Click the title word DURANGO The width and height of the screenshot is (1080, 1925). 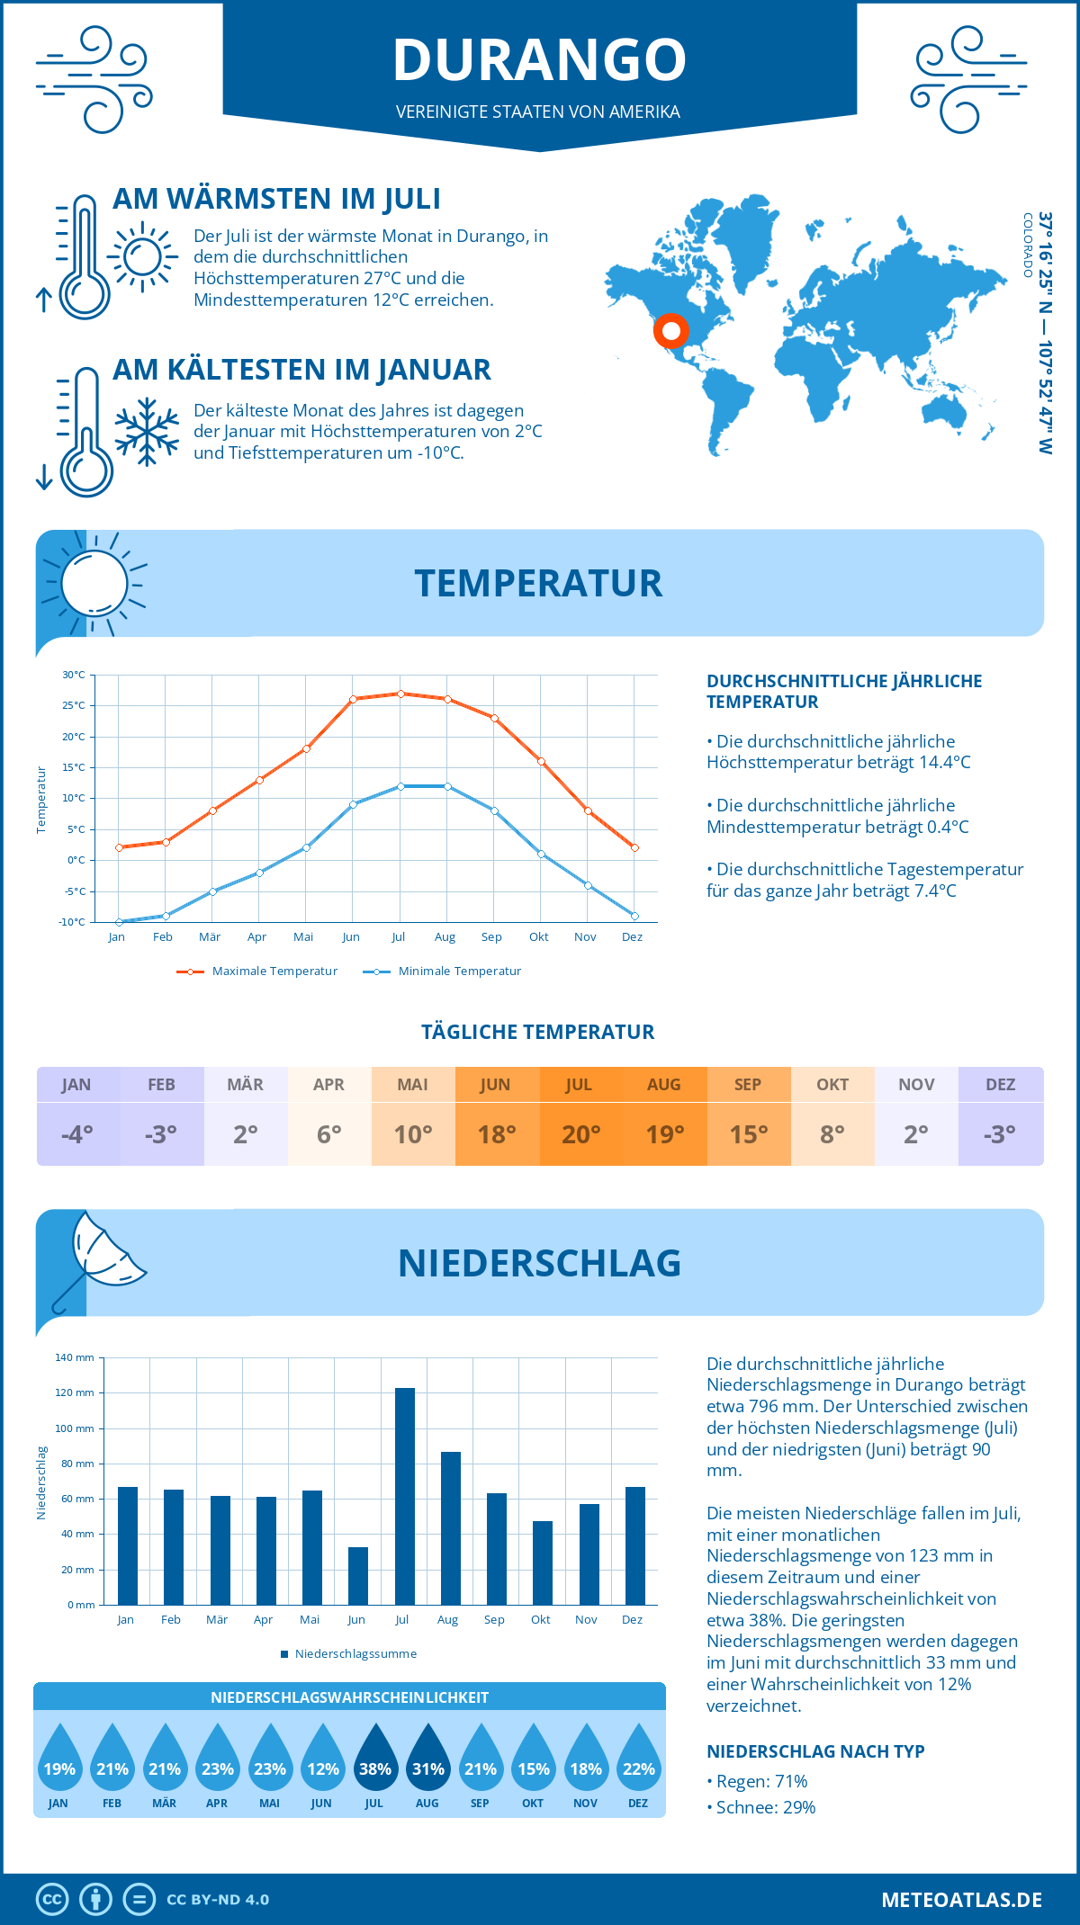coord(539,59)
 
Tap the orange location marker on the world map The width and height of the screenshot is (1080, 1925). coord(670,331)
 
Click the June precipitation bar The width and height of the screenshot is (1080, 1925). coord(358,1575)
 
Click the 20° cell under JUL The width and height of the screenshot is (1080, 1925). coord(580,1134)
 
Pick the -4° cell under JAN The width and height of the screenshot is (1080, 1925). coord(77,1134)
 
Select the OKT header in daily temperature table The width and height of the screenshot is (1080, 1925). coord(832,1084)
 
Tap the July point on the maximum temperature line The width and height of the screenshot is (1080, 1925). coord(400,694)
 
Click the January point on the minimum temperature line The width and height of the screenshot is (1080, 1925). coord(119,922)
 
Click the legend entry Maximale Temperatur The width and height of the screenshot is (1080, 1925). coord(257,971)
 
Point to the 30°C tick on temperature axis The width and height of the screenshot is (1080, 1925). coord(74,675)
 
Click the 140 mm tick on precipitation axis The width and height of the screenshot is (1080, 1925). coord(76,1357)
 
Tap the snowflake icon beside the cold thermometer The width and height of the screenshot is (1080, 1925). coord(147,432)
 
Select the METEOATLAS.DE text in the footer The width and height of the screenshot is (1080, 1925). coord(961,1900)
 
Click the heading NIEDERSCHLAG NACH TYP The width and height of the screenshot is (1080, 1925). coord(815,1751)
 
